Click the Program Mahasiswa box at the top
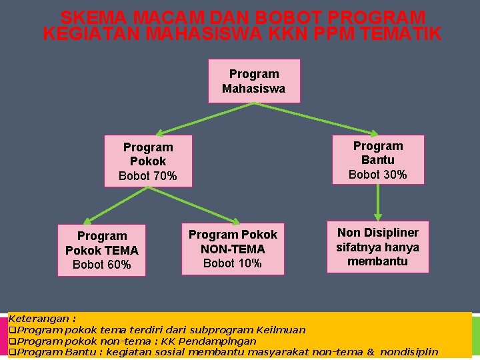[x=254, y=81]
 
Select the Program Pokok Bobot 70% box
[x=148, y=161]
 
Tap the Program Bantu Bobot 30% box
[x=378, y=160]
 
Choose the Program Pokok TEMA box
[x=102, y=250]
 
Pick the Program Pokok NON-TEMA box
[x=233, y=249]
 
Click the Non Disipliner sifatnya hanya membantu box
[x=377, y=247]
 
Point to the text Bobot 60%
[x=102, y=265]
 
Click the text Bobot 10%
[x=233, y=263]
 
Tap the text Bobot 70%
[x=148, y=177]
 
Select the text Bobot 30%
[x=378, y=175]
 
